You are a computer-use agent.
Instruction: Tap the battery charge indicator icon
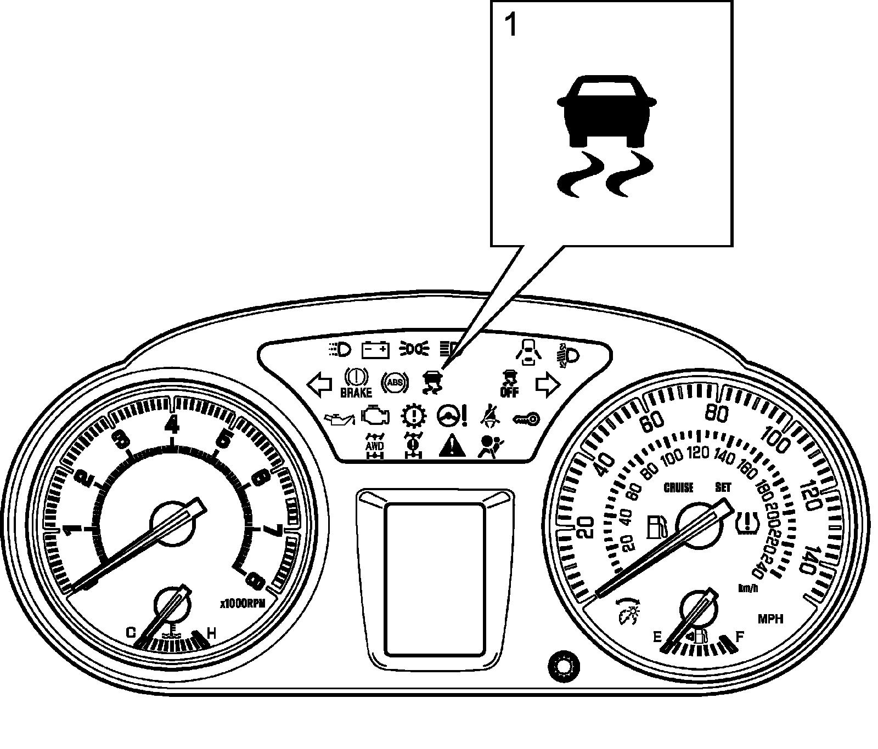click(x=376, y=350)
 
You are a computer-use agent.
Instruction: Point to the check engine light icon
click(x=376, y=417)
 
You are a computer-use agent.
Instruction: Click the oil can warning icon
click(x=340, y=419)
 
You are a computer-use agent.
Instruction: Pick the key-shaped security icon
click(x=526, y=419)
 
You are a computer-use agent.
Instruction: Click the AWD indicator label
click(x=375, y=446)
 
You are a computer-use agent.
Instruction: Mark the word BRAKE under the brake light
click(x=356, y=393)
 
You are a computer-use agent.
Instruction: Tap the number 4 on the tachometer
click(x=173, y=423)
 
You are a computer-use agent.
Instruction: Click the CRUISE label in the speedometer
click(x=679, y=487)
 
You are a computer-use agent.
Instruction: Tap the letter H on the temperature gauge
click(x=212, y=634)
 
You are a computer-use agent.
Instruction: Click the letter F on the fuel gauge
click(x=740, y=637)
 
